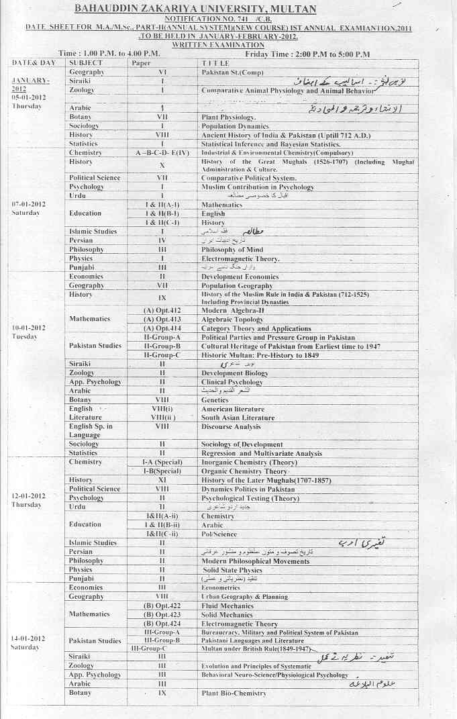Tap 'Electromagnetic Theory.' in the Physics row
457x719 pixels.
(240, 258)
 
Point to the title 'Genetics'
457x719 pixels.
(215, 400)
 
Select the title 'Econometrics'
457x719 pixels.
(220, 587)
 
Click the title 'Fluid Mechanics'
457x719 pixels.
(227, 606)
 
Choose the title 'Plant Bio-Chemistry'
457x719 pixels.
(234, 693)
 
